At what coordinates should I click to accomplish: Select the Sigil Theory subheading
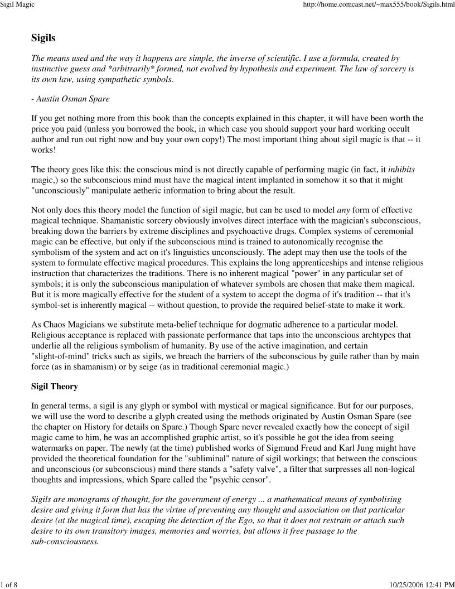coord(55,386)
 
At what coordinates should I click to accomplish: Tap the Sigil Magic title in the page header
coord(18,5)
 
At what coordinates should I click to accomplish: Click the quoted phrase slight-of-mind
coord(64,358)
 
